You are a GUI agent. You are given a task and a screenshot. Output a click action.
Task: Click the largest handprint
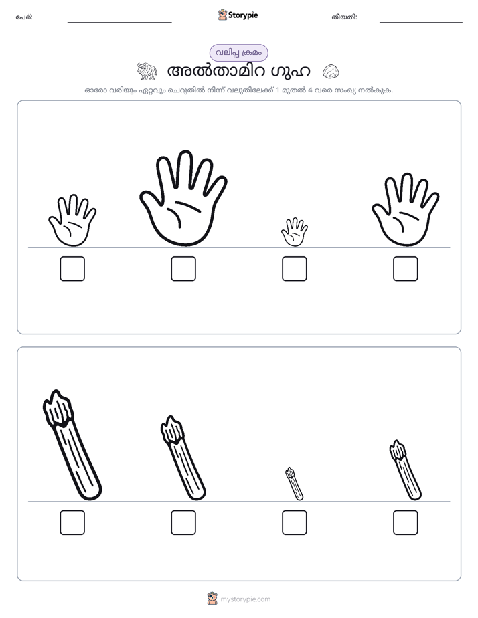pyautogui.click(x=183, y=199)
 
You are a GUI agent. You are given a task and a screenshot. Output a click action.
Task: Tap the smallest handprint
pyautogui.click(x=294, y=233)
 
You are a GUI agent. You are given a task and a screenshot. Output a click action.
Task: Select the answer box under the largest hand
pyautogui.click(x=183, y=269)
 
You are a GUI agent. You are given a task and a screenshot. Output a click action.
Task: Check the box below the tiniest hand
pyautogui.click(x=294, y=269)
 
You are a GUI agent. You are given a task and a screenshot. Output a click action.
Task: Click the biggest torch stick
pyautogui.click(x=72, y=445)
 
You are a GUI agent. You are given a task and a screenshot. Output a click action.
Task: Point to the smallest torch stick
pyautogui.click(x=294, y=484)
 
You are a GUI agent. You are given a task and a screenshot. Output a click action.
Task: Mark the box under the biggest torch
pyautogui.click(x=72, y=522)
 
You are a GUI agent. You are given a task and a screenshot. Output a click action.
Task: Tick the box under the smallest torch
pyautogui.click(x=294, y=522)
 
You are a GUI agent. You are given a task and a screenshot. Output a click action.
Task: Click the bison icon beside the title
pyautogui.click(x=147, y=71)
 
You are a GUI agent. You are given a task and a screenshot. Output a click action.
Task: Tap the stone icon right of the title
pyautogui.click(x=331, y=72)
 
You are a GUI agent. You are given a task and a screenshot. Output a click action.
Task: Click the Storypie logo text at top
pyautogui.click(x=243, y=15)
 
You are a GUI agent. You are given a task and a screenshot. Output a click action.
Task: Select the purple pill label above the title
pyautogui.click(x=238, y=53)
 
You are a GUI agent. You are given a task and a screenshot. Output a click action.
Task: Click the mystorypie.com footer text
pyautogui.click(x=245, y=599)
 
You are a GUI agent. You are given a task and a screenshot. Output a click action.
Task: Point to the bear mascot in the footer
pyautogui.click(x=212, y=599)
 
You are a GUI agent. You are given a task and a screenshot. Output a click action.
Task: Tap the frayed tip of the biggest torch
pyautogui.click(x=58, y=407)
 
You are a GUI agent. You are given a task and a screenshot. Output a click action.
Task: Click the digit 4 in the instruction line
pyautogui.click(x=310, y=90)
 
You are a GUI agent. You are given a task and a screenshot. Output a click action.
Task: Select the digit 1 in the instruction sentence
pyautogui.click(x=278, y=90)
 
